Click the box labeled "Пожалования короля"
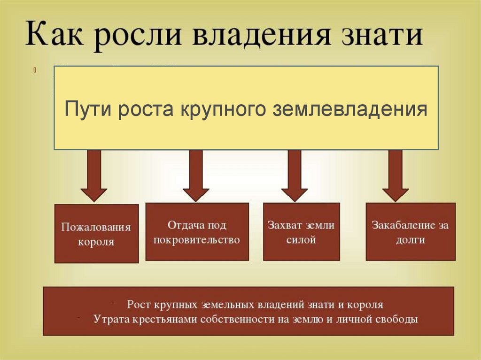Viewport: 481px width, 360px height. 97,233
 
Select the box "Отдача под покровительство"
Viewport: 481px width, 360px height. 197,231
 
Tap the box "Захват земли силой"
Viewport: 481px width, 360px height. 301,231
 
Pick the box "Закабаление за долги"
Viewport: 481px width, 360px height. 410,231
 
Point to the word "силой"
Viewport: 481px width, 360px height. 301,240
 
